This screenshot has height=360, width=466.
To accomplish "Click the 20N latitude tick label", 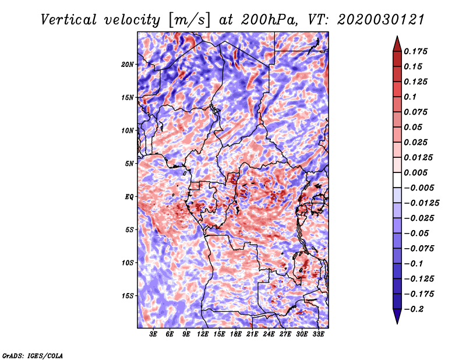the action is (x=128, y=64).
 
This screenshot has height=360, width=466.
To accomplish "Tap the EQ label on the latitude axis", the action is (x=129, y=196).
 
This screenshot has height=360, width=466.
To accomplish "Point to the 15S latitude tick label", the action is (x=128, y=296).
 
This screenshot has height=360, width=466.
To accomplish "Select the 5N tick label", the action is (x=129, y=164).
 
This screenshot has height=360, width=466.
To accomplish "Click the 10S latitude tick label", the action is (x=128, y=263).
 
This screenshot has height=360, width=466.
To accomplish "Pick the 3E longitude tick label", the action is (x=153, y=334).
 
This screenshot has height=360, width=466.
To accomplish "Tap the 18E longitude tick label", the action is (x=236, y=334).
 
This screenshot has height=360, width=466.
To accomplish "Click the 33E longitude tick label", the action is (x=318, y=334).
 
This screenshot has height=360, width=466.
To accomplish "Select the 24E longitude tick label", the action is (x=269, y=334).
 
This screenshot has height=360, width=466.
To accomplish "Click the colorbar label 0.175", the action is (x=415, y=51).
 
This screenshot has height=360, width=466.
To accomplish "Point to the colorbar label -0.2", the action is (x=414, y=309).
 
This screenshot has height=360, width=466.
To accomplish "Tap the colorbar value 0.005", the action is (x=415, y=172).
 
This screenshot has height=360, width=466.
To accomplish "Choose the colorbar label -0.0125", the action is (x=421, y=203).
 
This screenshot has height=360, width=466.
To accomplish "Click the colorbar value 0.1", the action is (x=410, y=97).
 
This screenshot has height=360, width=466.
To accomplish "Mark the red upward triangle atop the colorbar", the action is (x=397, y=44).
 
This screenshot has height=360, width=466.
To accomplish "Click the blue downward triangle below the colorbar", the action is (x=397, y=316).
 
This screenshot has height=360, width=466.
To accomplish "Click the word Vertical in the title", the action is (x=69, y=20).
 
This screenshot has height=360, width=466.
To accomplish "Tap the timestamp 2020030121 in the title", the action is (x=380, y=20).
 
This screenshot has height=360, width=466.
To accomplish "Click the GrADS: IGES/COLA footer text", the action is (x=33, y=356).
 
